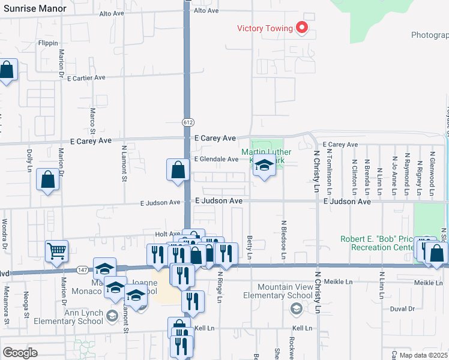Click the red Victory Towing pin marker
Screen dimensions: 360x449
click(303, 28)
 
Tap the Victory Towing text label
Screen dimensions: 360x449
click(265, 28)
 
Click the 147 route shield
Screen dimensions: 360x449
click(82, 271)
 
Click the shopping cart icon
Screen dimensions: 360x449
click(56, 251)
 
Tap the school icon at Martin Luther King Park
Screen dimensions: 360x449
click(263, 167)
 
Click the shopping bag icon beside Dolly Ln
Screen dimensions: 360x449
click(48, 179)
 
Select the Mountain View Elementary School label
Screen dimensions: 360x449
click(278, 291)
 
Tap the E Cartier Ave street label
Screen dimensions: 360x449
click(86, 78)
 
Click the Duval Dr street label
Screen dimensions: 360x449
click(402, 309)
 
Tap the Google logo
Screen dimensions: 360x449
click(20, 353)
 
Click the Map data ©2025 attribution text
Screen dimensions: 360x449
click(424, 355)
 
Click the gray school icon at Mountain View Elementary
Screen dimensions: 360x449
click(295, 308)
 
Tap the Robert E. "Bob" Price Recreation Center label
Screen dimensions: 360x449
click(377, 243)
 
